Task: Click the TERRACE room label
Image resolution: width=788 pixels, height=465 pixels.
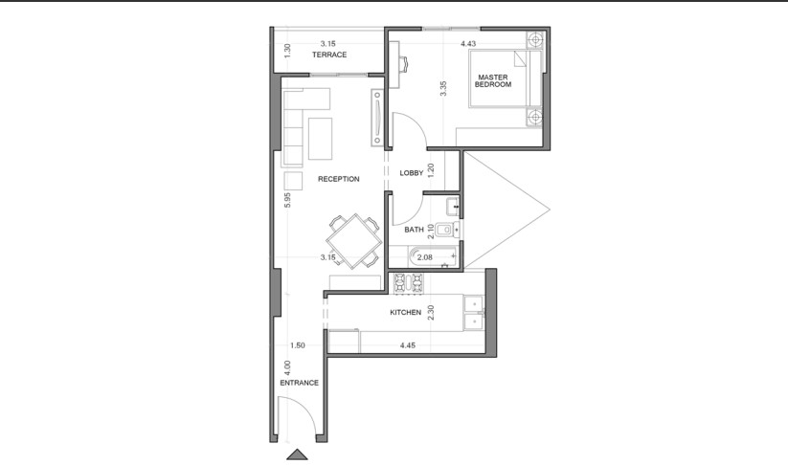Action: [329, 55]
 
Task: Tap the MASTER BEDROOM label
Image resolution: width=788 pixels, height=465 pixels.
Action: [493, 80]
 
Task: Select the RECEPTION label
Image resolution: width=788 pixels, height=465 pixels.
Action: [339, 179]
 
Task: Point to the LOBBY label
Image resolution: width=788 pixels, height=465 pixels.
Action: [412, 173]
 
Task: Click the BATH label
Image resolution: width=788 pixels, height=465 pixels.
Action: [414, 230]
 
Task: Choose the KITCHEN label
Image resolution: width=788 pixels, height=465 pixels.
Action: [406, 312]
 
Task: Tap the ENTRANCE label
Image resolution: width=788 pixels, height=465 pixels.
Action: [299, 383]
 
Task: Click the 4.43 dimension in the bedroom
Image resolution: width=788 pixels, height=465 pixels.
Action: [468, 44]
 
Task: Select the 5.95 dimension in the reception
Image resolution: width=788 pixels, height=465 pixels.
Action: [287, 200]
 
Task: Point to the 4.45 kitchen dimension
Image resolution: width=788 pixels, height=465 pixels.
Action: [408, 345]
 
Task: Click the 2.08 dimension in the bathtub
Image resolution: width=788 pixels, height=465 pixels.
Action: [425, 257]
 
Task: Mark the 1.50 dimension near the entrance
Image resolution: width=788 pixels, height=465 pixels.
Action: [298, 345]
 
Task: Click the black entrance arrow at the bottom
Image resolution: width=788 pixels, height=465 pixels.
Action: [297, 454]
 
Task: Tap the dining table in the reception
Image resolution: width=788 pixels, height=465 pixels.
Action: [354, 241]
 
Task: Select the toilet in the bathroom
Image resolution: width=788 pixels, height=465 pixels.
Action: [447, 230]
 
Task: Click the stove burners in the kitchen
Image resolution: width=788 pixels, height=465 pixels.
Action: [408, 283]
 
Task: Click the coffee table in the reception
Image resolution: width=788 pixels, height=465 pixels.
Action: [320, 139]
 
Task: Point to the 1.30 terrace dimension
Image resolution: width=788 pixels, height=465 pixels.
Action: [287, 51]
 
